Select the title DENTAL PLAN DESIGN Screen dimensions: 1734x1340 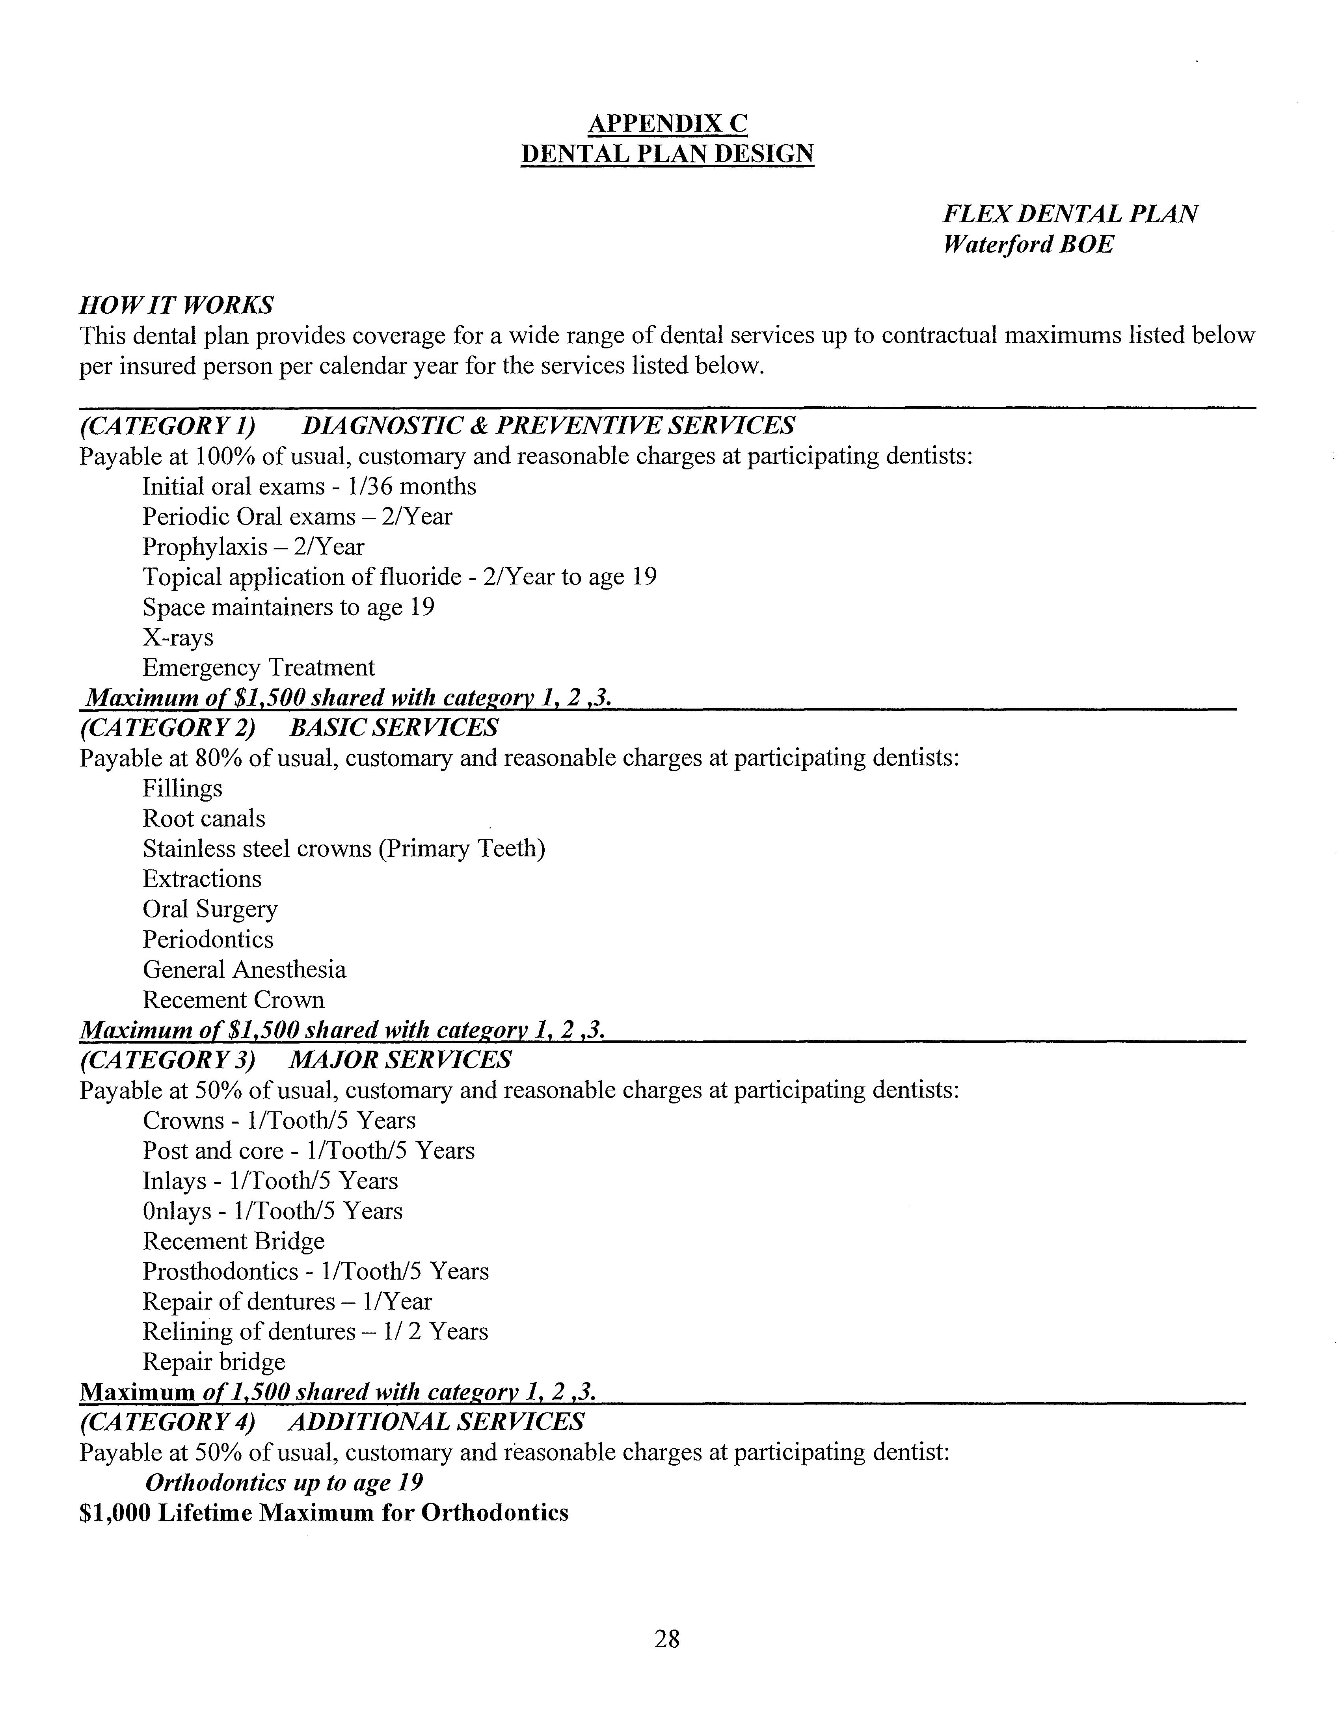coord(667,153)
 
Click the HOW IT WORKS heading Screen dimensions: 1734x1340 coord(176,305)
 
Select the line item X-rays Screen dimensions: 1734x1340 coord(178,638)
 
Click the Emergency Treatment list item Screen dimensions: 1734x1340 coord(258,668)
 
